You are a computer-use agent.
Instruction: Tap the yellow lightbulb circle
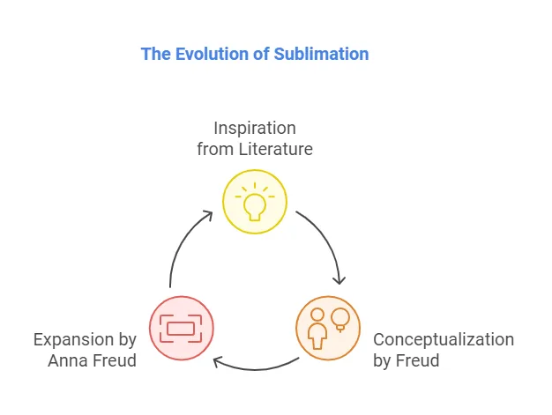click(x=254, y=202)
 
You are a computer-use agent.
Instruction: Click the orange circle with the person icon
click(x=327, y=328)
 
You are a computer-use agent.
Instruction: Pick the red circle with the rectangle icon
click(x=181, y=328)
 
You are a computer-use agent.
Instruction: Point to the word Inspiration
click(x=255, y=129)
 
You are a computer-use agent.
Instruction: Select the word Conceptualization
click(x=444, y=339)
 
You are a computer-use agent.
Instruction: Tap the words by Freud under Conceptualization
click(x=407, y=360)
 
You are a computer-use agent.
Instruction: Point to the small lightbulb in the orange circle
click(x=339, y=320)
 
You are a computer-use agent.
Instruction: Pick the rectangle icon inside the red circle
click(x=181, y=329)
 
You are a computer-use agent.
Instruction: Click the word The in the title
click(x=154, y=54)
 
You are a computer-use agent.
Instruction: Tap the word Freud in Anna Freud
click(x=116, y=360)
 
